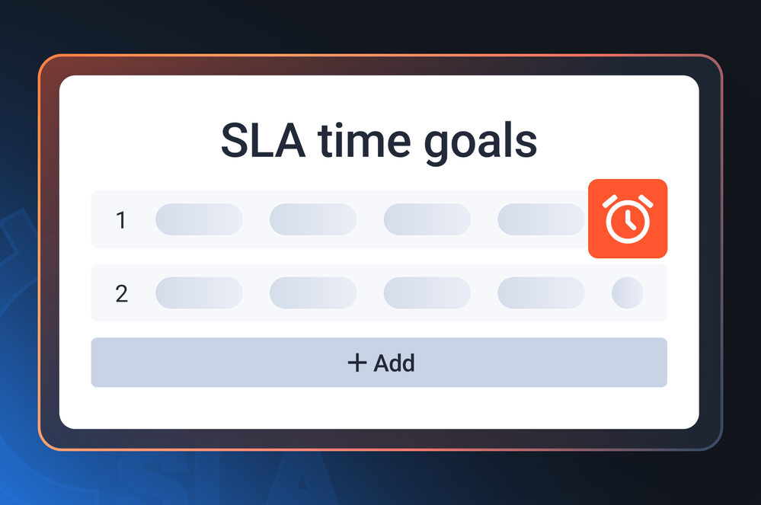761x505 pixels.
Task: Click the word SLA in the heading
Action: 263,141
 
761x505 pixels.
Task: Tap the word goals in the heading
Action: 481,144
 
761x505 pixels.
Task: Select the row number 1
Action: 121,220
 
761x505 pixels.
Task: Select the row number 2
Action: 121,293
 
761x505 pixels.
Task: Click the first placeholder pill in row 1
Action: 199,219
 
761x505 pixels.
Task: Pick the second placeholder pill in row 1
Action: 313,219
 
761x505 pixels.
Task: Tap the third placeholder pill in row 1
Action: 427,219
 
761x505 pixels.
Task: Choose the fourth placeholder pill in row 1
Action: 541,219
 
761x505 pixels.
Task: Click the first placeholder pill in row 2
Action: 199,293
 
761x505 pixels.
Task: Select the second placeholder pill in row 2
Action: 313,293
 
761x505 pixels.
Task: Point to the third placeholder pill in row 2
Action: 427,293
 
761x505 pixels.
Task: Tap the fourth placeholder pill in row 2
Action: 541,293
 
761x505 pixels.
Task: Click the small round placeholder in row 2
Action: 628,293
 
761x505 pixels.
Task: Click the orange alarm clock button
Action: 628,219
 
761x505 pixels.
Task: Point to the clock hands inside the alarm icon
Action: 629,221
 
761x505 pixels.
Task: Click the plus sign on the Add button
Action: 357,363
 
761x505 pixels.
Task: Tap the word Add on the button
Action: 394,363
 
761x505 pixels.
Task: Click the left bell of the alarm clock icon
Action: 609,201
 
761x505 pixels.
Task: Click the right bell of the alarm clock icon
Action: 646,201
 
